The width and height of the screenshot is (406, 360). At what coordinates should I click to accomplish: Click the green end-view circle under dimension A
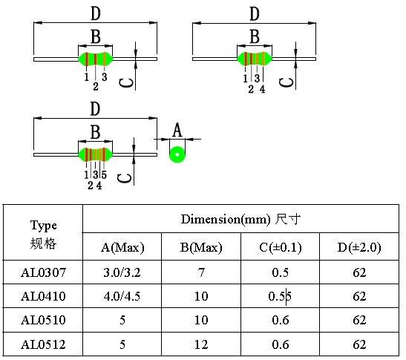(x=177, y=154)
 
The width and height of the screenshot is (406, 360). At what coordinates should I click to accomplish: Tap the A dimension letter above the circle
(x=177, y=130)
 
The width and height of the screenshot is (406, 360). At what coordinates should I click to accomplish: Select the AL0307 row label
(x=44, y=272)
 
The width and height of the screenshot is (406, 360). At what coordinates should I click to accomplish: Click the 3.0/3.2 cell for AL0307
(x=122, y=272)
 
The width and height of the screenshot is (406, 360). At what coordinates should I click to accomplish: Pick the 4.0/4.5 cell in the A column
(x=122, y=296)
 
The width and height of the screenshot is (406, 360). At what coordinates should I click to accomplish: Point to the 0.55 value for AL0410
(x=280, y=296)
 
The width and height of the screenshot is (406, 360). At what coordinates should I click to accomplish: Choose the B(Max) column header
(x=201, y=247)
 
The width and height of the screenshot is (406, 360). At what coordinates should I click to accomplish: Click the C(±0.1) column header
(x=281, y=247)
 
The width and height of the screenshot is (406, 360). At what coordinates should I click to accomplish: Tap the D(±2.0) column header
(x=359, y=247)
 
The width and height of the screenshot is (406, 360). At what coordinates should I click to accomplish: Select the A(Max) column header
(x=122, y=247)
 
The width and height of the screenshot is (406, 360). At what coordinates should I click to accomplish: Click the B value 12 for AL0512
(x=201, y=344)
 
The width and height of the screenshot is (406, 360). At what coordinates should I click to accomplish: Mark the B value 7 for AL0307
(x=201, y=272)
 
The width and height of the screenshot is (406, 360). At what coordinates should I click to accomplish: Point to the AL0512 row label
(x=44, y=344)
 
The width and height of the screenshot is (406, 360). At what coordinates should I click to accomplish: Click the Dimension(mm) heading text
(x=226, y=219)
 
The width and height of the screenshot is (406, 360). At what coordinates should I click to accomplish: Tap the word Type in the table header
(x=44, y=226)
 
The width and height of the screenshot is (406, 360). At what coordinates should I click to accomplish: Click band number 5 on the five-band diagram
(x=104, y=175)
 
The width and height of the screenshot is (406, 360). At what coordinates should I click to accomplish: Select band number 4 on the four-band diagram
(x=263, y=89)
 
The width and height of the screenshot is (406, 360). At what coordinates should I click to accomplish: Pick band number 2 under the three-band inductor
(x=96, y=87)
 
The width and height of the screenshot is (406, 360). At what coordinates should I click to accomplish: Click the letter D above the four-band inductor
(x=255, y=13)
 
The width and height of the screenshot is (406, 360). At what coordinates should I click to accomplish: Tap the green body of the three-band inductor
(x=96, y=59)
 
